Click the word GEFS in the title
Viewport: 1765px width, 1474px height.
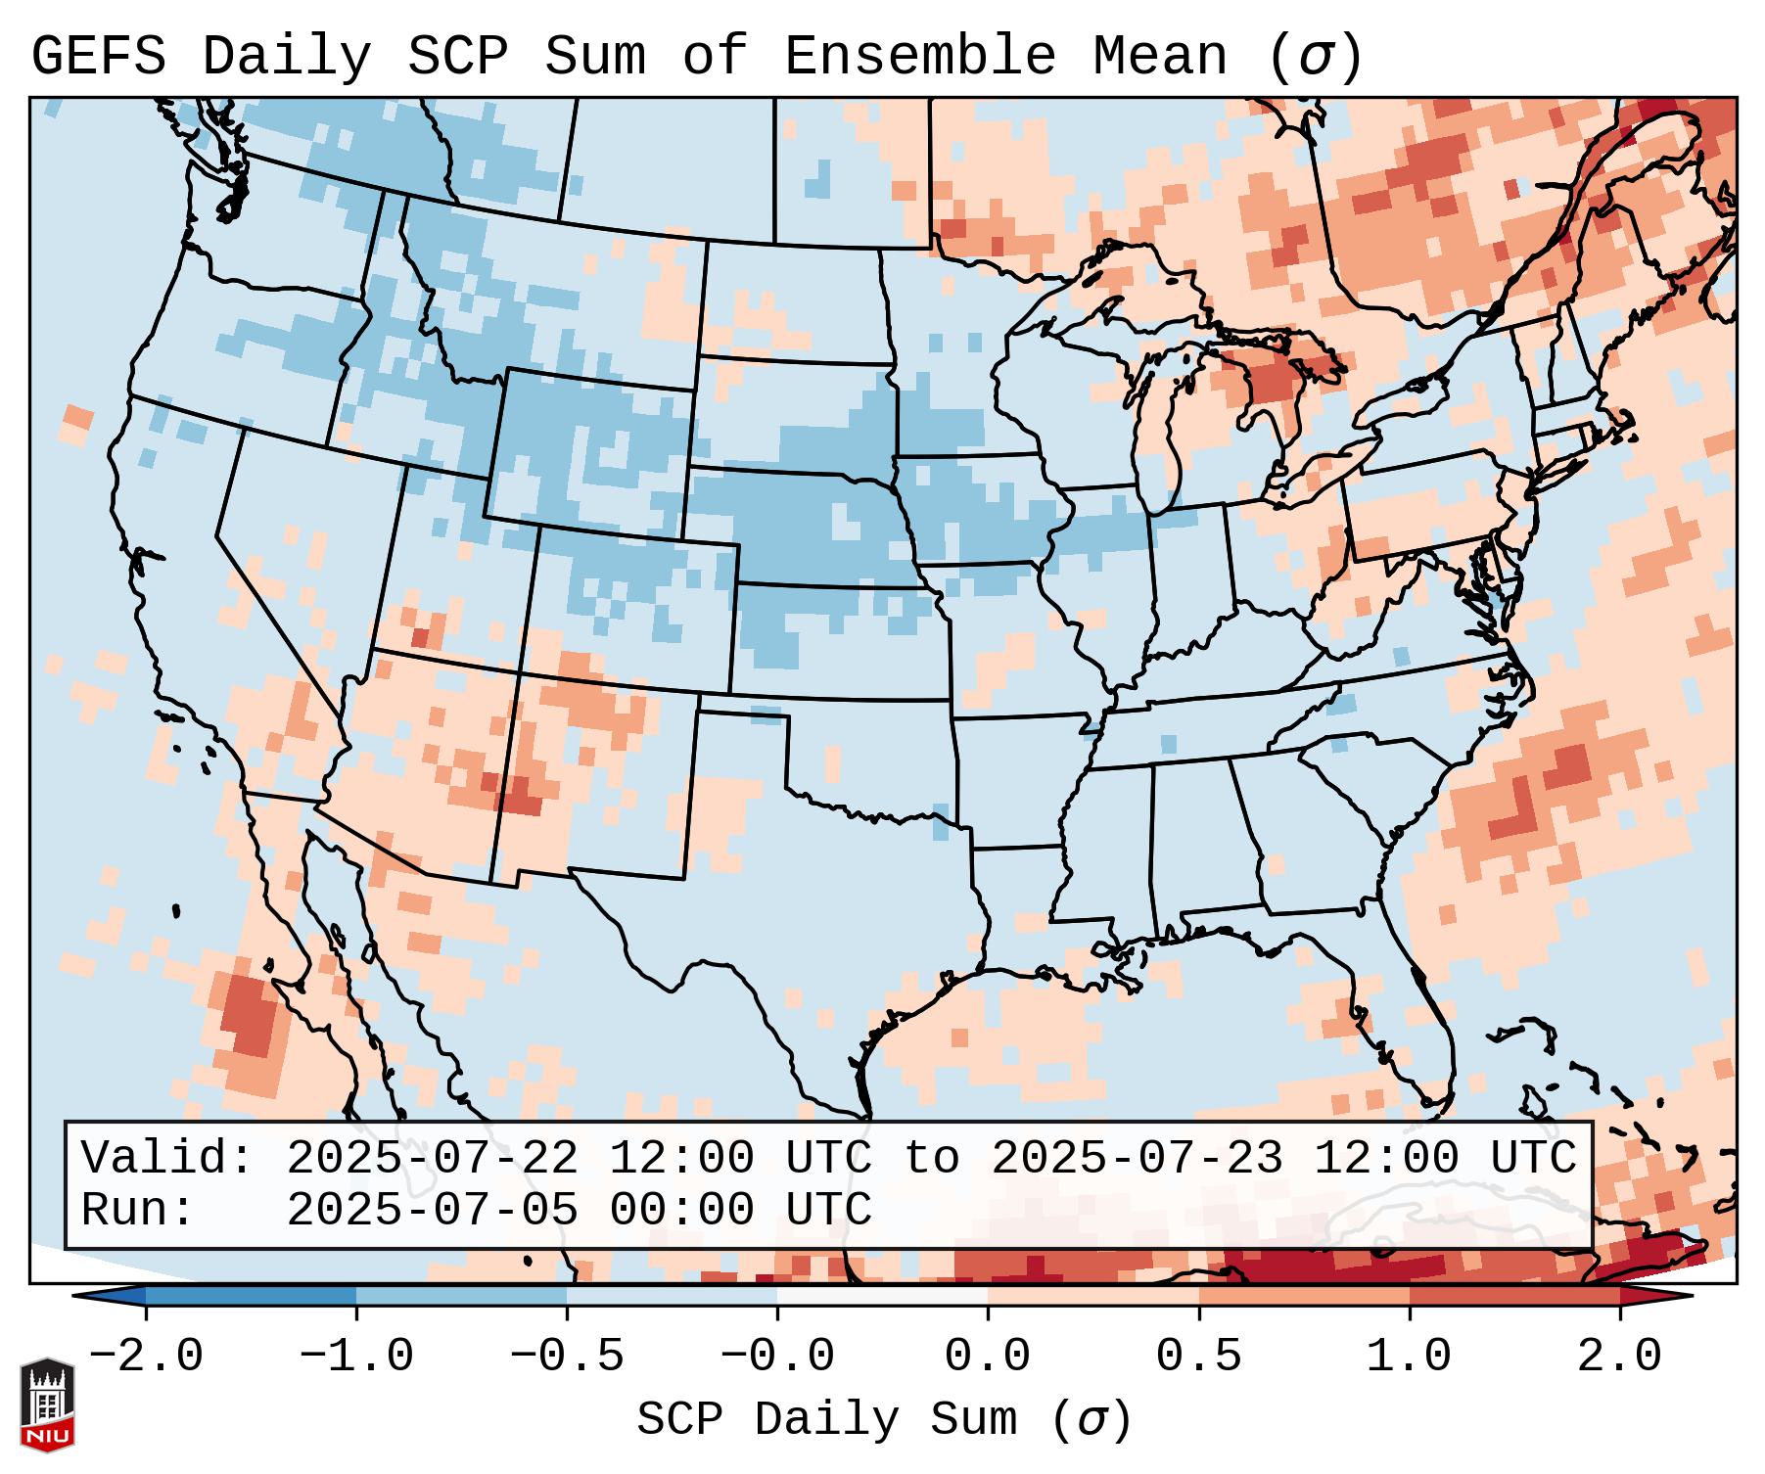(x=98, y=57)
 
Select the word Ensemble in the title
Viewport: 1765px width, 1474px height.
(x=920, y=57)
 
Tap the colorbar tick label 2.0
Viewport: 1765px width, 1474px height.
(x=1619, y=1357)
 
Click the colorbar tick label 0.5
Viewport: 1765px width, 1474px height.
(x=1198, y=1357)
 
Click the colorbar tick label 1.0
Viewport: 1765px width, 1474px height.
(x=1409, y=1357)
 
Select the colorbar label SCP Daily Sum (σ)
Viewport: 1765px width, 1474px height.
(x=884, y=1420)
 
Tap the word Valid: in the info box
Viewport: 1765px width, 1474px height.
(x=167, y=1159)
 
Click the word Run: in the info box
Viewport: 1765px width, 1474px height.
(x=138, y=1210)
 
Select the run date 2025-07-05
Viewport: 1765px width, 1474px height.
(x=432, y=1210)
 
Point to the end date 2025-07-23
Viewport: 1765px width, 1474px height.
(x=1137, y=1159)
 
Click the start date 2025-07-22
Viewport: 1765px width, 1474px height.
(x=432, y=1159)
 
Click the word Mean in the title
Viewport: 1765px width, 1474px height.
(x=1160, y=57)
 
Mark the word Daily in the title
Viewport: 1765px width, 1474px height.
(x=286, y=57)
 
